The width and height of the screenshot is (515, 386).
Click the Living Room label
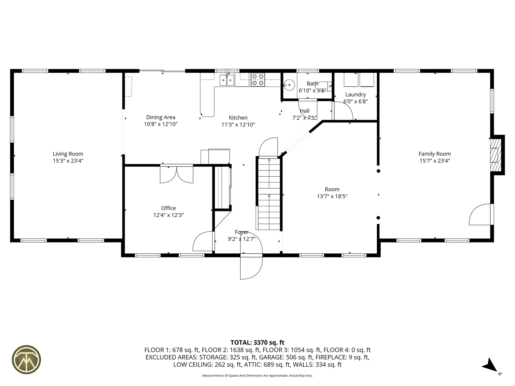pos(68,154)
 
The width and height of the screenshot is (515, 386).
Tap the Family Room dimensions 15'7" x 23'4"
pos(435,161)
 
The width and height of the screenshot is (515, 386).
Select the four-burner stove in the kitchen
pos(257,80)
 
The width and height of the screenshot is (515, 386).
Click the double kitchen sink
pos(227,80)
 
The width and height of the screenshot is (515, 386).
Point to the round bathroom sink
pos(289,85)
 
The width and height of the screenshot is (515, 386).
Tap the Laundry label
pos(355,94)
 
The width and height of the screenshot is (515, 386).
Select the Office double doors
pos(176,174)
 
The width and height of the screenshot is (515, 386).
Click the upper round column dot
pos(378,171)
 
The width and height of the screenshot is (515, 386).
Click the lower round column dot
pos(378,218)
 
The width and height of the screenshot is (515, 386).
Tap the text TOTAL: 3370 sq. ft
pos(257,342)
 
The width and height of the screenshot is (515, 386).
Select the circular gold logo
pos(26,359)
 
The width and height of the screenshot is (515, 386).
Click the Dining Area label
pos(161,117)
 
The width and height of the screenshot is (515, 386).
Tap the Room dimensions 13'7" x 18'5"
pos(332,196)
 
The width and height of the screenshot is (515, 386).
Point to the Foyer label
pos(241,232)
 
